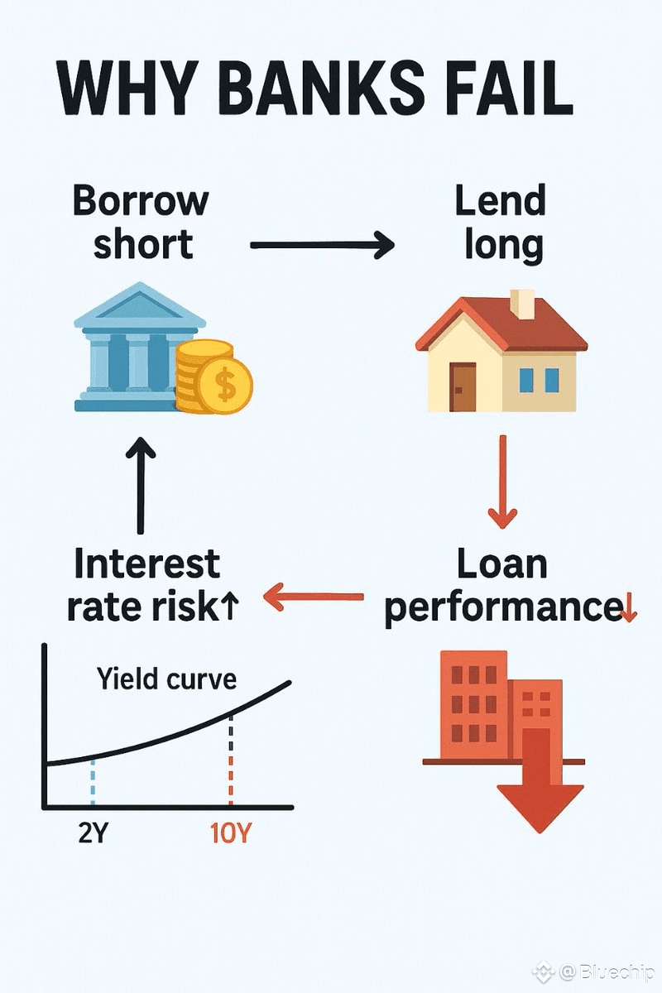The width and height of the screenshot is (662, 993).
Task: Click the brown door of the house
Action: click(x=463, y=385)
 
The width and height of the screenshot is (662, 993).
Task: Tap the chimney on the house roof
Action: click(x=522, y=305)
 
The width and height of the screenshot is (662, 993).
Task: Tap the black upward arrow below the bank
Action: click(x=140, y=487)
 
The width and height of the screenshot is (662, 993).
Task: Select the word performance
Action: click(x=502, y=608)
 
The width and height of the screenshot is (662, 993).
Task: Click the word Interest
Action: click(x=147, y=565)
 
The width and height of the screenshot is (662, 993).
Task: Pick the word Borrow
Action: click(x=140, y=201)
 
